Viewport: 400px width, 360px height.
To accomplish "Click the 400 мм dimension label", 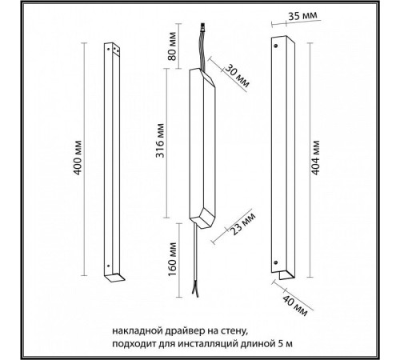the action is coord(78,158).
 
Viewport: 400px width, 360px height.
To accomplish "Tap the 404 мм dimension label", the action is coord(315,158).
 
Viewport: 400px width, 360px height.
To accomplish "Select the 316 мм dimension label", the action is coord(160,141).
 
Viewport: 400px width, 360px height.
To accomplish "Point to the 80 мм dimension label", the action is coord(172,46).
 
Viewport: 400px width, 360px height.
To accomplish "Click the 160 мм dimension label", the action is coord(172,259).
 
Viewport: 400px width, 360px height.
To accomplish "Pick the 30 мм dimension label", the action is coord(237,76).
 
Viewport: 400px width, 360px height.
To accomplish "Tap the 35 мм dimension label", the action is coord(302,16).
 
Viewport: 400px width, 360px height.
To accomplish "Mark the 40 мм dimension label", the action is coord(294,306).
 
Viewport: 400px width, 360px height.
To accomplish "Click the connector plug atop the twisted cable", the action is coord(203,27).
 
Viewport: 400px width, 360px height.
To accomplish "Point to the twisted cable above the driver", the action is coord(202,50).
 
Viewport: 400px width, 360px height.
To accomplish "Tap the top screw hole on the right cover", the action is coord(276,46).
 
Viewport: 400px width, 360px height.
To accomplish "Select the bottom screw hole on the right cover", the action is coord(276,262).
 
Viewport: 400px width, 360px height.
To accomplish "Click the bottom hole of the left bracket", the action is coord(108,266).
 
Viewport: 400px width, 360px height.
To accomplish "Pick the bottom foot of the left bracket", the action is coord(114,278).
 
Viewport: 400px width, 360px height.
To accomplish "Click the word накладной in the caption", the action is coord(133,331).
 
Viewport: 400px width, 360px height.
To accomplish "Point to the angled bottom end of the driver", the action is coord(202,219).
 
